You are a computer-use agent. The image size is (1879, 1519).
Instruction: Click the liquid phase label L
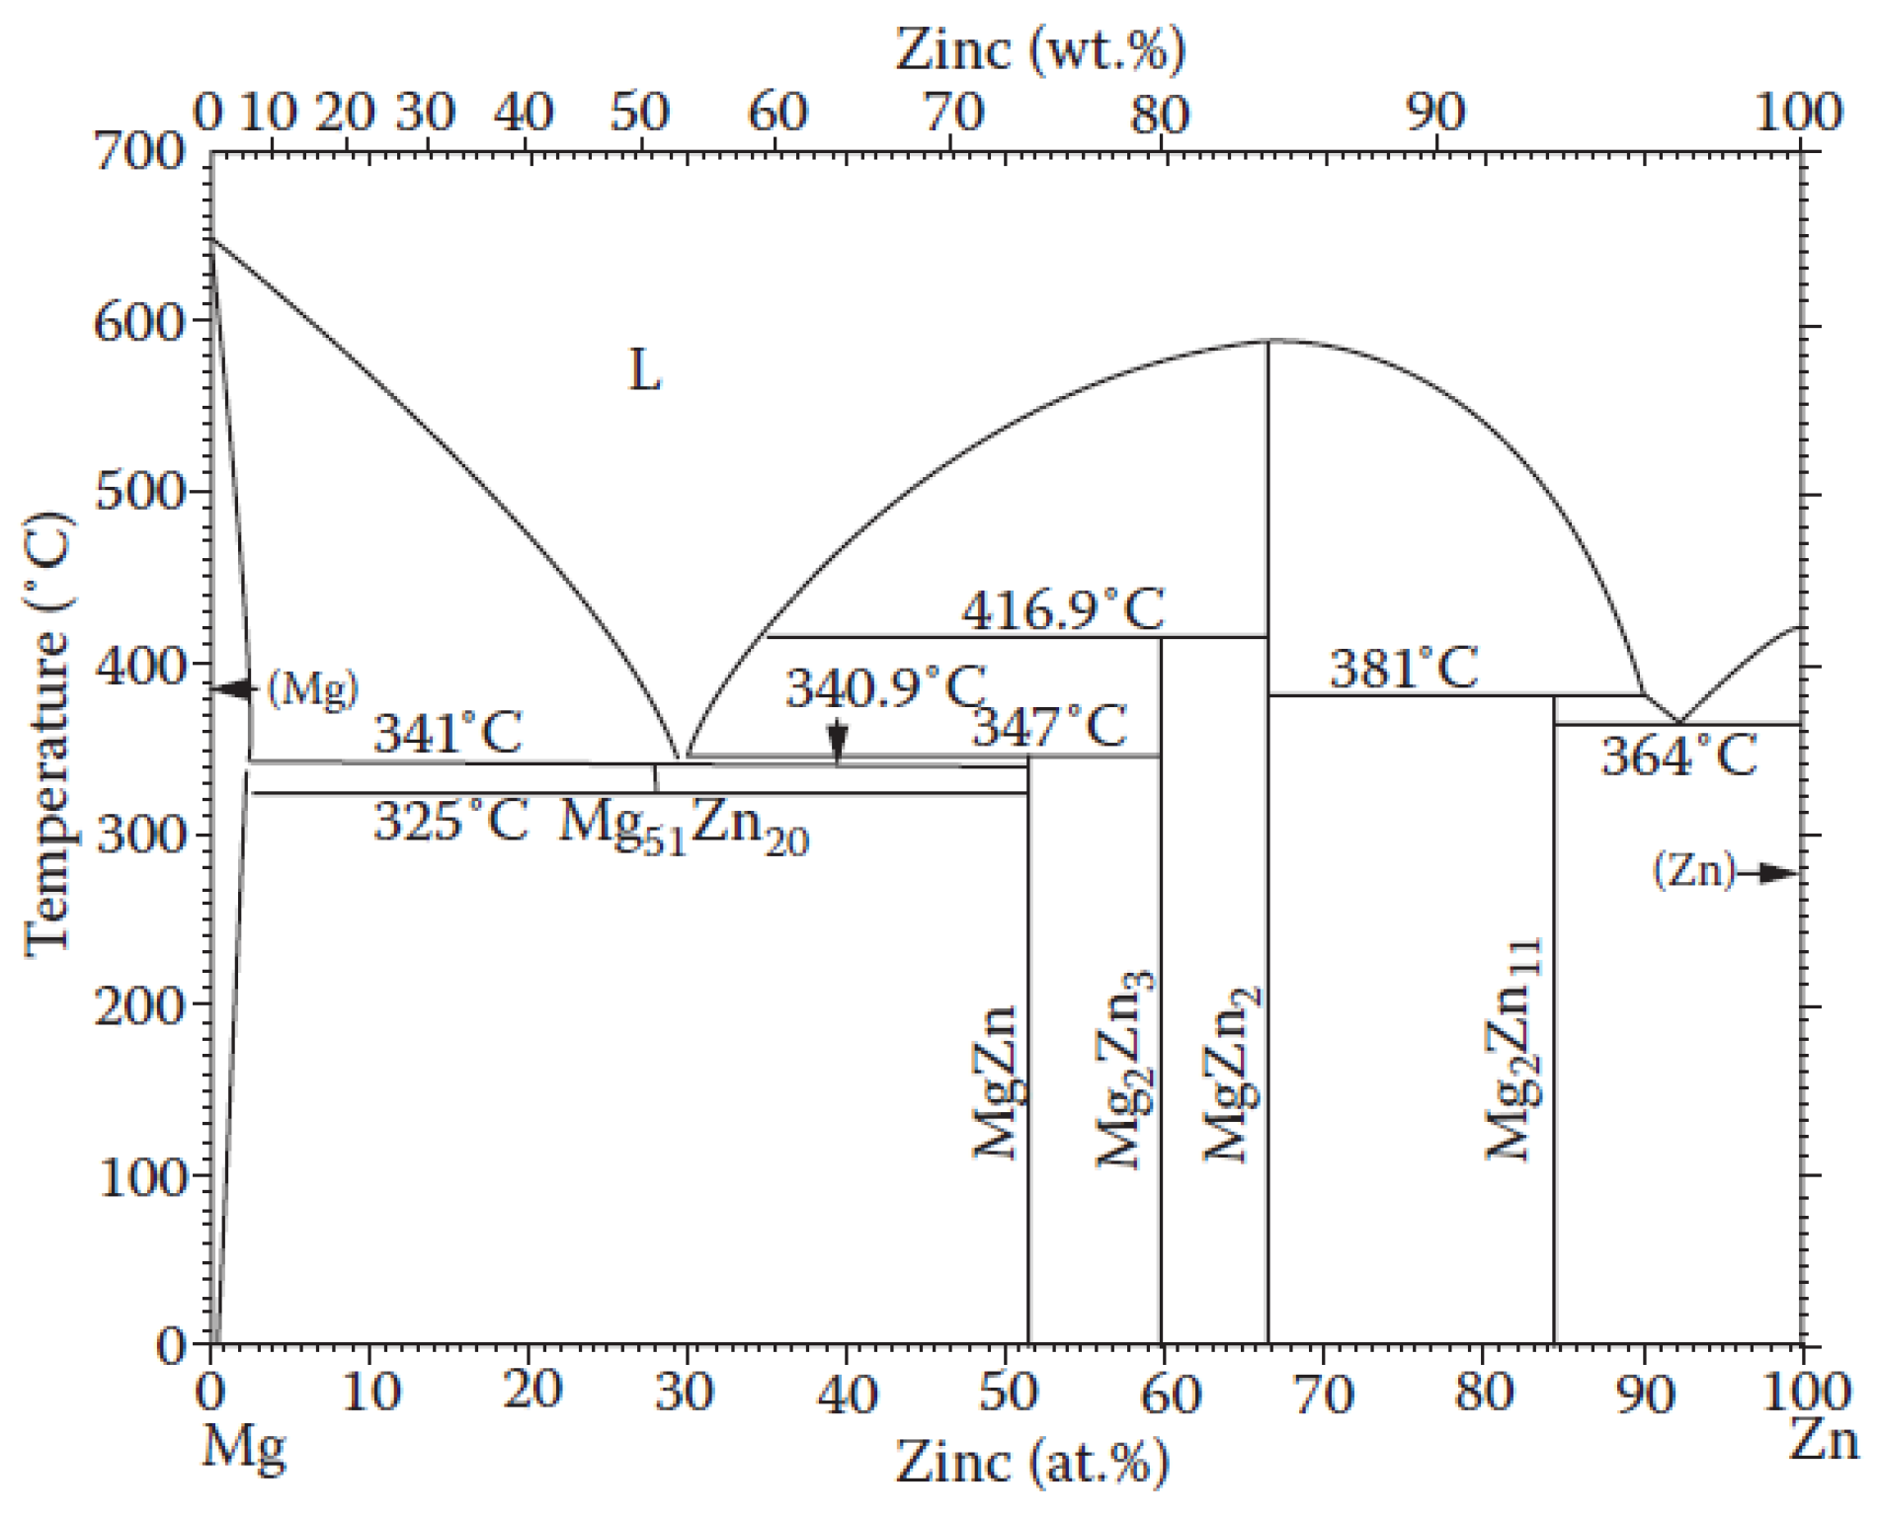click(x=644, y=371)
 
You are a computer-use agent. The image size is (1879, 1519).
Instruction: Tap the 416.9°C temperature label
click(x=1063, y=610)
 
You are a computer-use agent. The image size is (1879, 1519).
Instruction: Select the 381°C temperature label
click(x=1403, y=669)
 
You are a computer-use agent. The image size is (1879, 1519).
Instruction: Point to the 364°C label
click(x=1678, y=758)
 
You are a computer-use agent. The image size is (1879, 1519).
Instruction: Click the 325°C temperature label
click(x=450, y=821)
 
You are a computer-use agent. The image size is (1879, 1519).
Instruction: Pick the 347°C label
click(x=1049, y=728)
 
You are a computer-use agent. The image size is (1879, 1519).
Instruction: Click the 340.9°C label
click(x=885, y=687)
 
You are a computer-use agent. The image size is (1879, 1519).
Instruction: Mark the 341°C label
click(x=448, y=734)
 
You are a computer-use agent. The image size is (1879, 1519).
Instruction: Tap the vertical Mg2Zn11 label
click(x=1513, y=1049)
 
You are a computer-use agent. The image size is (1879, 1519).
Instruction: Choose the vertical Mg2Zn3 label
click(x=1124, y=1069)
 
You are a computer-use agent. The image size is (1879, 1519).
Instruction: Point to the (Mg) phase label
click(x=312, y=688)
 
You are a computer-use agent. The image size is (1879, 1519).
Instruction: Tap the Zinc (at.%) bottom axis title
click(x=1031, y=1462)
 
